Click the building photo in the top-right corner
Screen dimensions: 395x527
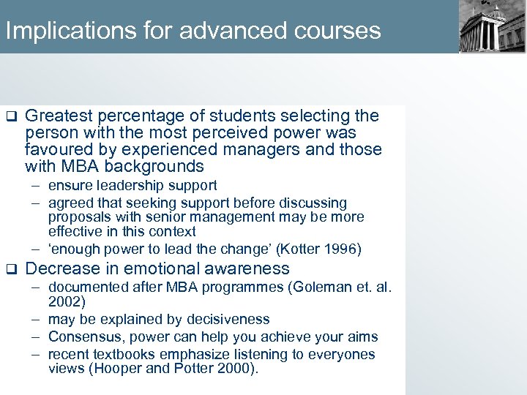coord(492,26)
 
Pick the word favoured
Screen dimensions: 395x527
coord(59,149)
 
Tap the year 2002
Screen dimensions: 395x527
coord(64,301)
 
